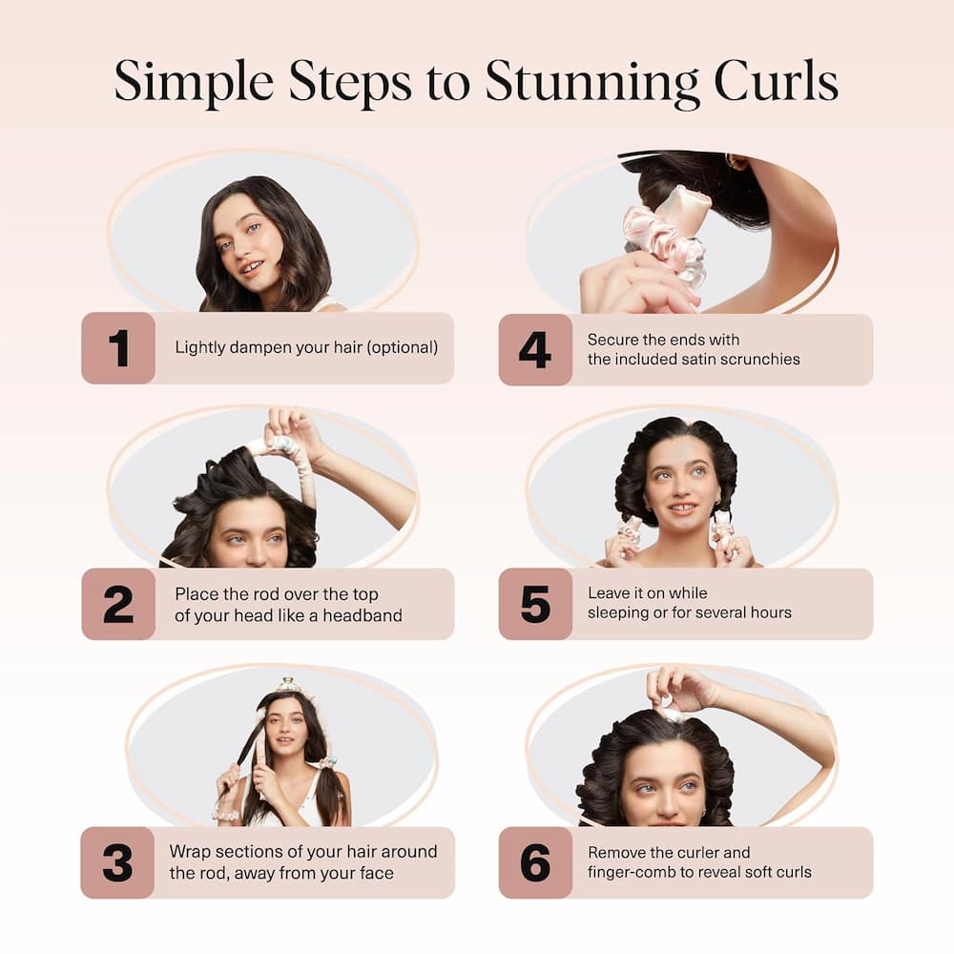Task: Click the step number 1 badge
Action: pyautogui.click(x=118, y=348)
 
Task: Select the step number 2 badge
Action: pyautogui.click(x=118, y=605)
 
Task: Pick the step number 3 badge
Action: pyautogui.click(x=118, y=862)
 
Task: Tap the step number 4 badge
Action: pyautogui.click(x=535, y=349)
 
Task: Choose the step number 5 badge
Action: pyautogui.click(x=535, y=605)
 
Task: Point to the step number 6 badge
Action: pyautogui.click(x=535, y=862)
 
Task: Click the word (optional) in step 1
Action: pyautogui.click(x=399, y=347)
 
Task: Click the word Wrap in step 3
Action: pyautogui.click(x=190, y=851)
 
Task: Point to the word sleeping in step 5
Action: pyautogui.click(x=619, y=612)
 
